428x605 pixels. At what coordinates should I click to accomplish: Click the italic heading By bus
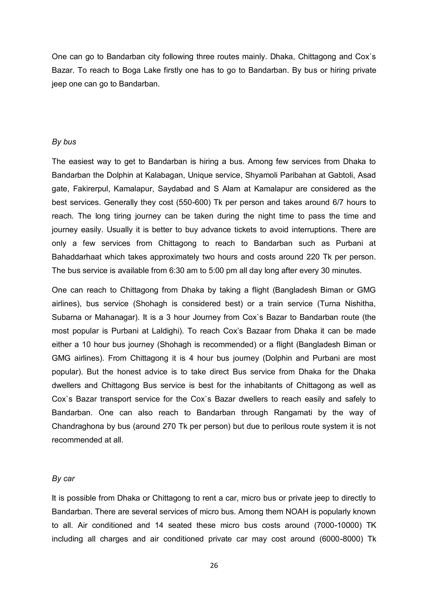tap(64, 142)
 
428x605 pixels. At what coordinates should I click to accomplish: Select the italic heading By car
tap(63, 479)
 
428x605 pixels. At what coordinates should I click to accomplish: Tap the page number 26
tap(214, 566)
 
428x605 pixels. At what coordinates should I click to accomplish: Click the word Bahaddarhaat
tap(76, 257)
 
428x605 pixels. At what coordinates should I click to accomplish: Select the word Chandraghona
tap(78, 426)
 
